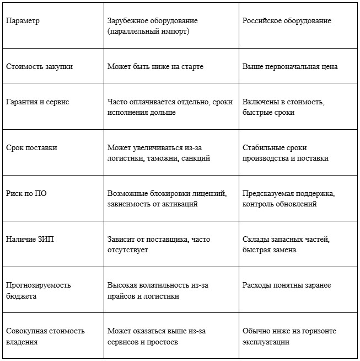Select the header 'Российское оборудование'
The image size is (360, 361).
[287, 21]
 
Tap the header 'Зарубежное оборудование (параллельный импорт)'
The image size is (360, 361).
[152, 26]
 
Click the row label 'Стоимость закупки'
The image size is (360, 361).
[39, 66]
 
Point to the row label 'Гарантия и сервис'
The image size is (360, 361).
[37, 102]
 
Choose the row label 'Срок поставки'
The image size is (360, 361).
[31, 148]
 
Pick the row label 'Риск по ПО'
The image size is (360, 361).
[26, 194]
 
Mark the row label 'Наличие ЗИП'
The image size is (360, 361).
[31, 240]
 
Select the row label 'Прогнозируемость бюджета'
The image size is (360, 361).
[39, 290]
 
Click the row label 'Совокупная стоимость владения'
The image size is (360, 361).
[45, 336]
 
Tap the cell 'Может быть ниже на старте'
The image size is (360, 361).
[155, 66]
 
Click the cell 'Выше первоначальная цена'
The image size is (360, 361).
[290, 66]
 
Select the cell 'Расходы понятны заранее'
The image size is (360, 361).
[287, 285]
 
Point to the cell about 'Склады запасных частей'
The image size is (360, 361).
[286, 245]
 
